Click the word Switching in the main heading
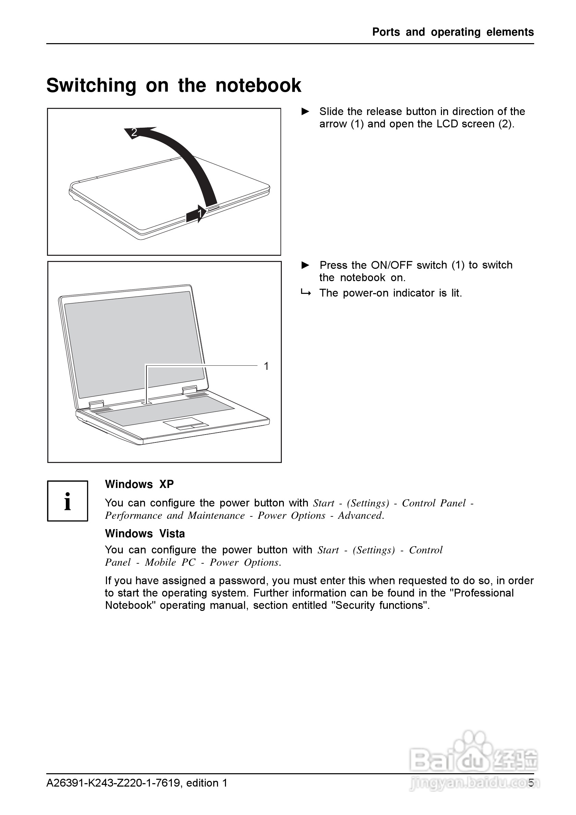coord(91,86)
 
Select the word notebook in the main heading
coord(258,86)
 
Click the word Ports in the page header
coord(386,32)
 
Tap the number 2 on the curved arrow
coord(134,133)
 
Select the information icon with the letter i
coord(68,501)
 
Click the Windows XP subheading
coord(139,484)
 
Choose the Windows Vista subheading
coord(145,534)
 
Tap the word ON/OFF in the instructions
coord(392,265)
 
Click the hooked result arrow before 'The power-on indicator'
coord(305,293)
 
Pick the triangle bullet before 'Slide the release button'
coord(305,111)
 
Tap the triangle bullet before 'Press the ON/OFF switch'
coord(305,265)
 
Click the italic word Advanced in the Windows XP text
coord(360,515)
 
